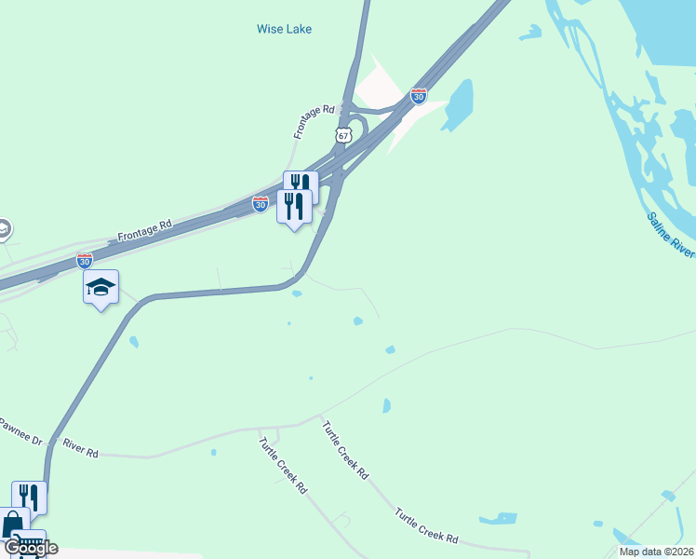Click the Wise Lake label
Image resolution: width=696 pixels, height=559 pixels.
pyautogui.click(x=284, y=29)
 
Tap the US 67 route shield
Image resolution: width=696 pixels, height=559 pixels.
pyautogui.click(x=344, y=135)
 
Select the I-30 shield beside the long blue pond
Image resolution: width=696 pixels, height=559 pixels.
pyautogui.click(x=419, y=96)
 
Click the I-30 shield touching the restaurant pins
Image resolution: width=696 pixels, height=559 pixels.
pyautogui.click(x=261, y=203)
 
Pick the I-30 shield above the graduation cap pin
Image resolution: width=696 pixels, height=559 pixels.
pyautogui.click(x=85, y=261)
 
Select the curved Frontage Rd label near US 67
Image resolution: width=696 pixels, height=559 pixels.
pyautogui.click(x=314, y=121)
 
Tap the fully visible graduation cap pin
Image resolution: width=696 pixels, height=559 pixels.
pyautogui.click(x=100, y=287)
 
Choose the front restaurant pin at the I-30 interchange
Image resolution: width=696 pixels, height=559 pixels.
pyautogui.click(x=294, y=206)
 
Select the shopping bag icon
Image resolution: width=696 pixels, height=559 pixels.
pyautogui.click(x=13, y=523)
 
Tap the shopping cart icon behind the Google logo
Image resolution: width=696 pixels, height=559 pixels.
pyautogui.click(x=30, y=543)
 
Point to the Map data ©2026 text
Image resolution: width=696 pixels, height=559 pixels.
pyautogui.click(x=656, y=552)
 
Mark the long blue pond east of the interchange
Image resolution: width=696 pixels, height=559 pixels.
pyautogui.click(x=459, y=103)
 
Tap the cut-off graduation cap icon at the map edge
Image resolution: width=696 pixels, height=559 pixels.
pyautogui.click(x=4, y=228)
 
